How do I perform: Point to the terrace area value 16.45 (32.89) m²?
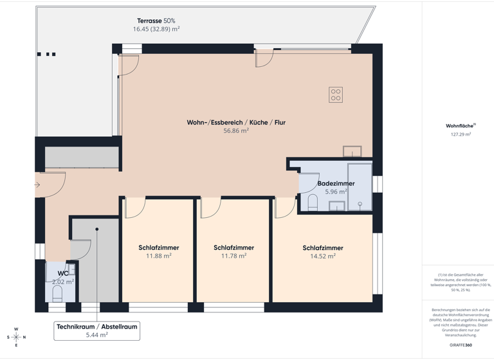[x=156, y=29]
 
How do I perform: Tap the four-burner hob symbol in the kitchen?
[x=336, y=94]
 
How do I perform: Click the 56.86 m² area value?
[x=235, y=130]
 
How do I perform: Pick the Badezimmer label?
[x=336, y=183]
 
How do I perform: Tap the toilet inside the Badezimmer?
[x=313, y=203]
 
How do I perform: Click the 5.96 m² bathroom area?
[x=336, y=192]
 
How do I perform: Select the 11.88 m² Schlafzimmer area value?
[x=158, y=256]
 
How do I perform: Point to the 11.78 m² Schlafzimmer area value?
[x=233, y=256]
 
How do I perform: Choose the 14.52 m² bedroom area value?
[x=322, y=256]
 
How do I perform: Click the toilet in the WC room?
[x=57, y=293]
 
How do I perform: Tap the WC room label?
[x=54, y=273]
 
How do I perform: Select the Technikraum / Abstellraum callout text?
[x=96, y=327]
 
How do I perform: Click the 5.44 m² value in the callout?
[x=96, y=335]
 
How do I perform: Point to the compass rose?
[x=16, y=337]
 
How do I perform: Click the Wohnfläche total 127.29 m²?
[x=461, y=134]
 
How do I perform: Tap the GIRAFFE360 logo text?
[x=461, y=345]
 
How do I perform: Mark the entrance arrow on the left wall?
[x=37, y=185]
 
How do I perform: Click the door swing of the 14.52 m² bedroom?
[x=284, y=207]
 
